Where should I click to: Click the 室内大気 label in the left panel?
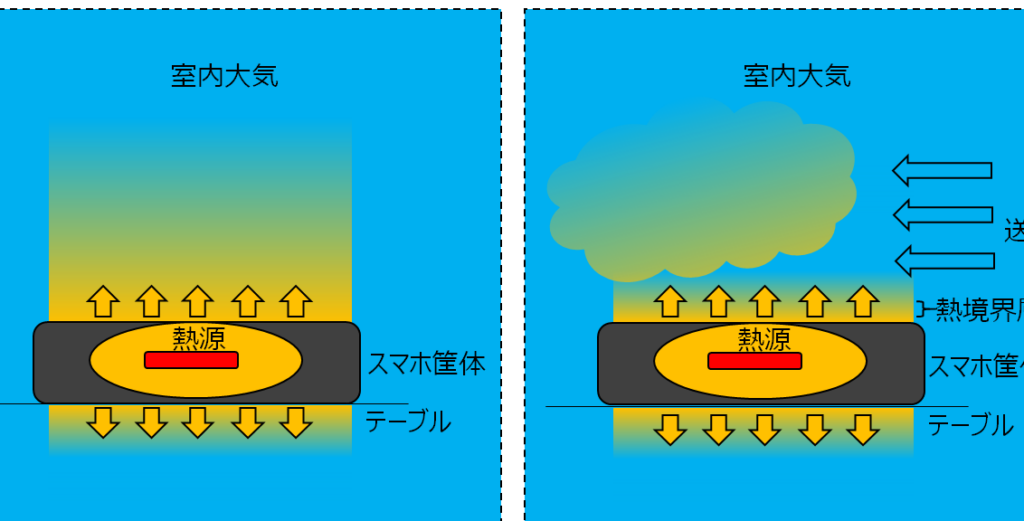[224, 76]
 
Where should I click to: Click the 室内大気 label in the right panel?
[797, 76]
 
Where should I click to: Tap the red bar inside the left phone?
[191, 360]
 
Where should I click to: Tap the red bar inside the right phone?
[755, 361]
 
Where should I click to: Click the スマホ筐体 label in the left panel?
[427, 364]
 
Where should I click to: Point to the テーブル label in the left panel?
[407, 422]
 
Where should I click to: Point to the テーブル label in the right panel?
[970, 425]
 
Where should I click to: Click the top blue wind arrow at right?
[941, 171]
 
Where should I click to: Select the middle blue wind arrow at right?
[941, 214]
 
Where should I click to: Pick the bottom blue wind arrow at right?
[943, 260]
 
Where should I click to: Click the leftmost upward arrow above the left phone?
[103, 300]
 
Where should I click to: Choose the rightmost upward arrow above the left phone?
[296, 300]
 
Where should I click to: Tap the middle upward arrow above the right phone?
[765, 301]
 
